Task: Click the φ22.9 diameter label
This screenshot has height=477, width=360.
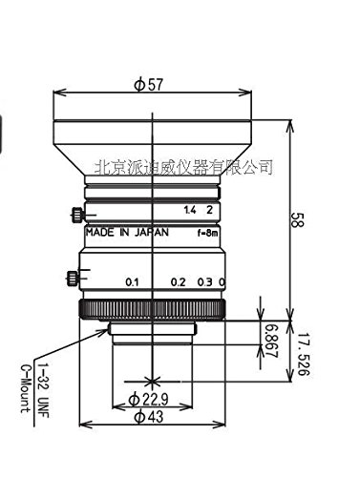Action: coord(152,399)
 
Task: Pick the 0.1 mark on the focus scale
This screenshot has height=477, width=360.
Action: coord(133,282)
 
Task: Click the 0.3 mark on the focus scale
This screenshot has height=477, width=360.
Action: coord(202,282)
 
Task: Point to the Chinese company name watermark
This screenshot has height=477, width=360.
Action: coord(184,167)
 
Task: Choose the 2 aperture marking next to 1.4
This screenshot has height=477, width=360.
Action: coord(206,207)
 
